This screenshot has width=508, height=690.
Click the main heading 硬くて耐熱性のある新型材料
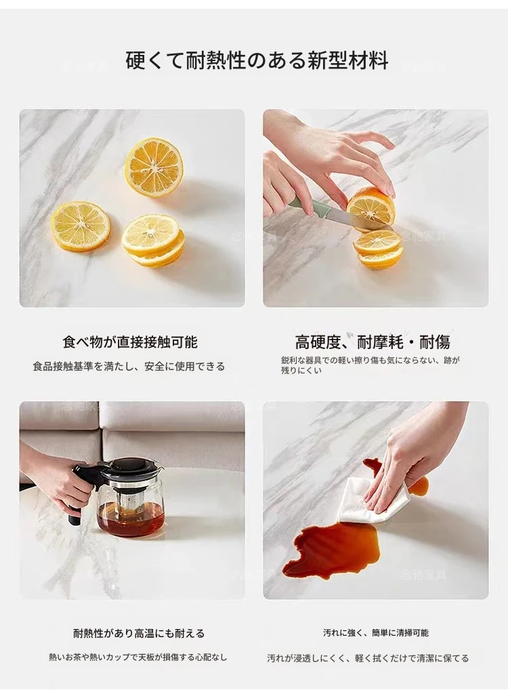(257, 60)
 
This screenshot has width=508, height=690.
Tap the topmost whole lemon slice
(154, 167)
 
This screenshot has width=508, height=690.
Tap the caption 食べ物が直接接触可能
(130, 342)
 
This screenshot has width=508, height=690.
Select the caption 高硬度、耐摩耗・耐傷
(372, 342)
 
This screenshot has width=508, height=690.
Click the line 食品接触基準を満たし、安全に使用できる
(129, 366)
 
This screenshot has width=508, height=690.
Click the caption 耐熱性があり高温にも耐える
(139, 634)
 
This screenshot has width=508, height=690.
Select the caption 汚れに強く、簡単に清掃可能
(376, 633)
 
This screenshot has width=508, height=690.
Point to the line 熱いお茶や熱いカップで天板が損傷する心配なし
(138, 657)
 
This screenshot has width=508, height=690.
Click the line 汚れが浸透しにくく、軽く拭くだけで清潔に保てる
(368, 658)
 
